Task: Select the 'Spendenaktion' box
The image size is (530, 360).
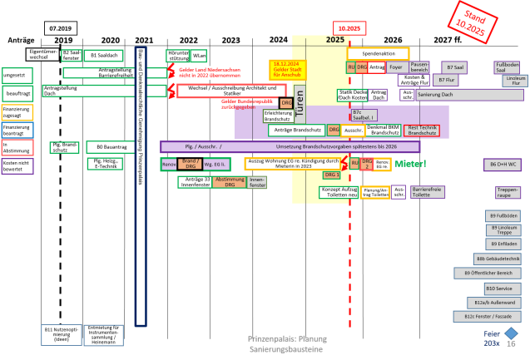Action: point(378,53)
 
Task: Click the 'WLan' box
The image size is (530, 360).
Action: point(199,56)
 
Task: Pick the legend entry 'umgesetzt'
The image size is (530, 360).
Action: point(17,75)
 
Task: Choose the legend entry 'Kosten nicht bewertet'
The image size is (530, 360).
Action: point(17,165)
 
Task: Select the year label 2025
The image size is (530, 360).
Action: point(334,40)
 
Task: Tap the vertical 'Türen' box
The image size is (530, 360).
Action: point(300,103)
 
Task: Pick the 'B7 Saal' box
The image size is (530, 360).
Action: point(454,67)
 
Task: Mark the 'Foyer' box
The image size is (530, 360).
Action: point(396,67)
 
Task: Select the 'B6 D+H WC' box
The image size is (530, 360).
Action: point(503,165)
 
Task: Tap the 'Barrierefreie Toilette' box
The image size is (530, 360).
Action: point(428,192)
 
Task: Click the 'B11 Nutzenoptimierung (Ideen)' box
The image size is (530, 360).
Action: point(61,334)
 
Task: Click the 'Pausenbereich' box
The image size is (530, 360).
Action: point(419,67)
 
